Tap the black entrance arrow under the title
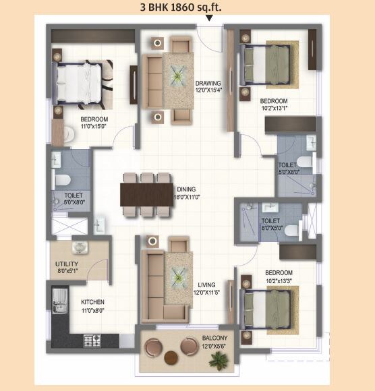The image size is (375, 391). point(209,18)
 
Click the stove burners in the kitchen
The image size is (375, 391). point(92,341)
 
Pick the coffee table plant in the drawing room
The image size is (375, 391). point(178,78)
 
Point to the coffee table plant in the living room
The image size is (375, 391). point(179,274)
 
